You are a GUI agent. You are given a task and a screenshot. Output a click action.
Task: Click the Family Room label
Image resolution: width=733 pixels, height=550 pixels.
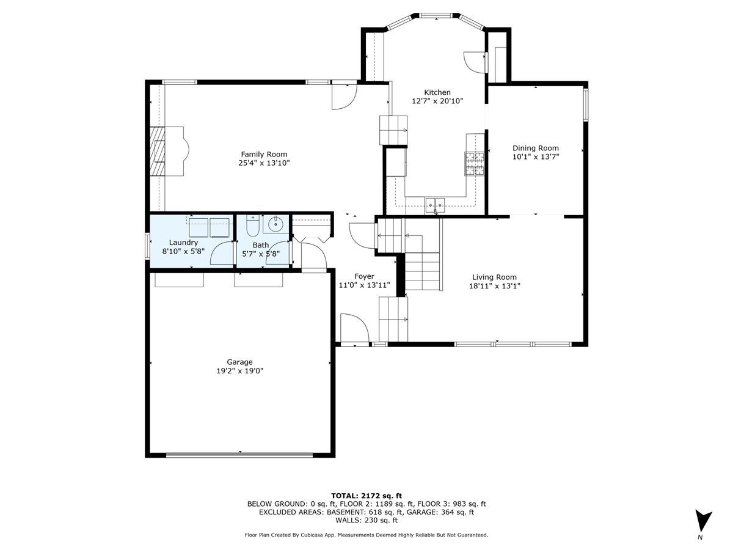pos(263,155)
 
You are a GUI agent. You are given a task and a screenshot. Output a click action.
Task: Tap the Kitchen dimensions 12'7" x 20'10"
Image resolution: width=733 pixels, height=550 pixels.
pos(437,101)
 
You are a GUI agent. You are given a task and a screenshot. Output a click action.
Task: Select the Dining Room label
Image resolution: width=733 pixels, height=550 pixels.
pos(535,148)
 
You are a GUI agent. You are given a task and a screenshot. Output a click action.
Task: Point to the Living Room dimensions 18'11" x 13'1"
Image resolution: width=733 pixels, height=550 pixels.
pos(494,285)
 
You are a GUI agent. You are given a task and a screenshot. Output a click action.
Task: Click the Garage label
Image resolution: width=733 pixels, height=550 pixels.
pos(238,362)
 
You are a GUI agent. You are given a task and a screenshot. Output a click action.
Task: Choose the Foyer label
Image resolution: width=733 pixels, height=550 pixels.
pos(364,276)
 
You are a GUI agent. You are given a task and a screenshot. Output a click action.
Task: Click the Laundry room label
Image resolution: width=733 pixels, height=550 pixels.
pos(183,243)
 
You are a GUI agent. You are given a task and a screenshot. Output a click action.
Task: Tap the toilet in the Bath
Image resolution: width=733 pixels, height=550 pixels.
pos(252,226)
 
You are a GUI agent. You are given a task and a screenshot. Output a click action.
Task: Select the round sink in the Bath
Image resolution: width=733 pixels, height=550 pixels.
pos(276,224)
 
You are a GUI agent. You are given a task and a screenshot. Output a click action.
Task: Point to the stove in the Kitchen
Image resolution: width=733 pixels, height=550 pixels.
pos(475,163)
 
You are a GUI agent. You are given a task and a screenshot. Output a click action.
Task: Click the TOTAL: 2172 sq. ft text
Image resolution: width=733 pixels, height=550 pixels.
pos(366,496)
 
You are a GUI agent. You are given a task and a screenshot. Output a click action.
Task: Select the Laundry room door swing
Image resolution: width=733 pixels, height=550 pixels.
pos(222,253)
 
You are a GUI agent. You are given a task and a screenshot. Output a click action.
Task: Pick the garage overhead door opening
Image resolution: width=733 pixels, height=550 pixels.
pos(239,454)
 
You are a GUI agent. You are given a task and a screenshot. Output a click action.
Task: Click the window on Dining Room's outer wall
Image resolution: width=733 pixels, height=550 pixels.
pos(585,105)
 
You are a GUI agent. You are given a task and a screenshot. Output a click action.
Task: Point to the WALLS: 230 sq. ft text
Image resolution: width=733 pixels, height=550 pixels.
pos(366,521)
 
